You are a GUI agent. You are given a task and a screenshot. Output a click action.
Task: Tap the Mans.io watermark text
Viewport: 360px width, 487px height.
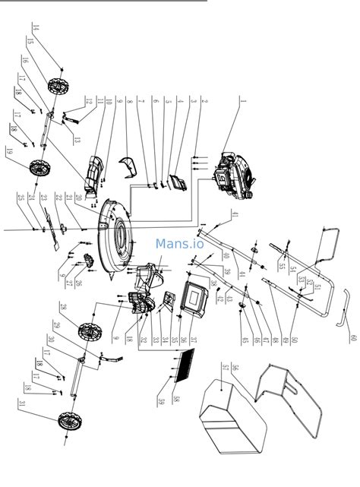(x=180, y=244)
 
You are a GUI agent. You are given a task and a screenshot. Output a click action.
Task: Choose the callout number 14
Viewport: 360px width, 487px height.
(x=36, y=32)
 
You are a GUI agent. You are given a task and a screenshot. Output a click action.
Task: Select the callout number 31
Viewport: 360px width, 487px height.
(x=25, y=403)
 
